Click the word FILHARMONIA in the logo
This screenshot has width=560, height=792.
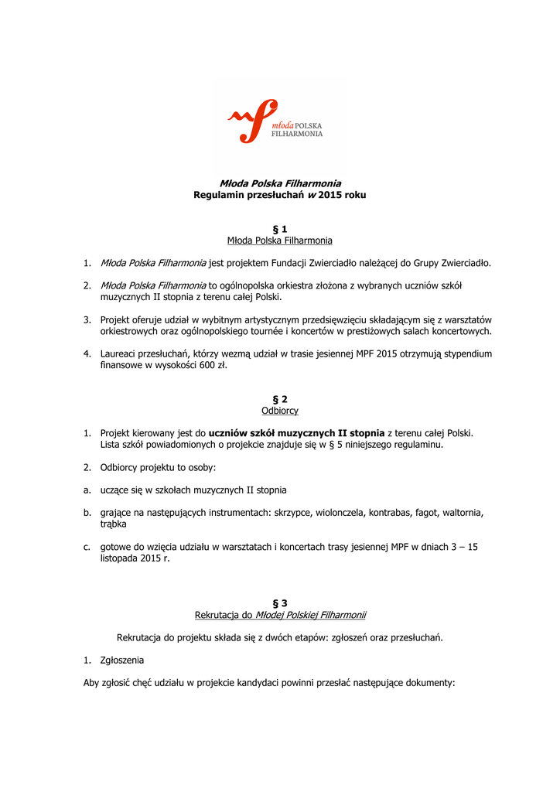(297, 133)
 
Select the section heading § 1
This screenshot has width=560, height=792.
(279, 229)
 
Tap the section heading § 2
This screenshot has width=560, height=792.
(279, 399)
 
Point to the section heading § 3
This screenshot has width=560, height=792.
(279, 603)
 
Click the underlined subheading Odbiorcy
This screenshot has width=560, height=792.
(279, 411)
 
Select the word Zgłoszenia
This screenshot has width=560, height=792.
(121, 661)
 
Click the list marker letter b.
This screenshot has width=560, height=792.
(87, 512)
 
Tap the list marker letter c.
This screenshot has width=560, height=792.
(87, 547)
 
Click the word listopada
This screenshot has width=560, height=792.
(121, 558)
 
